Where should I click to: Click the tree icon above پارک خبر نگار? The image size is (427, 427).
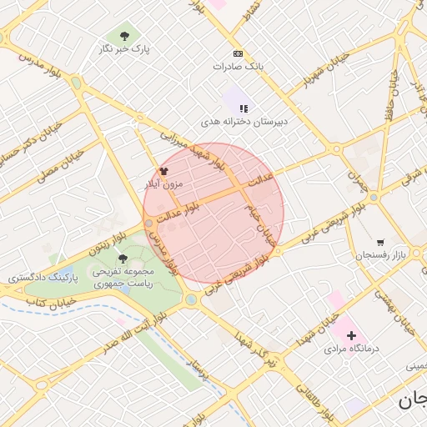[124, 35]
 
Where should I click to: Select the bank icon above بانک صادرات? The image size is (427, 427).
[239, 52]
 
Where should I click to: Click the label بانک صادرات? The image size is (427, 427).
[238, 66]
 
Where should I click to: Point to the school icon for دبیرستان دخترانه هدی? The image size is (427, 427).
[244, 108]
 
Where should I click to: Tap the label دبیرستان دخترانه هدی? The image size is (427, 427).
[243, 123]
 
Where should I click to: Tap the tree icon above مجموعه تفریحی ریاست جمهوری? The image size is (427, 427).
[123, 259]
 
